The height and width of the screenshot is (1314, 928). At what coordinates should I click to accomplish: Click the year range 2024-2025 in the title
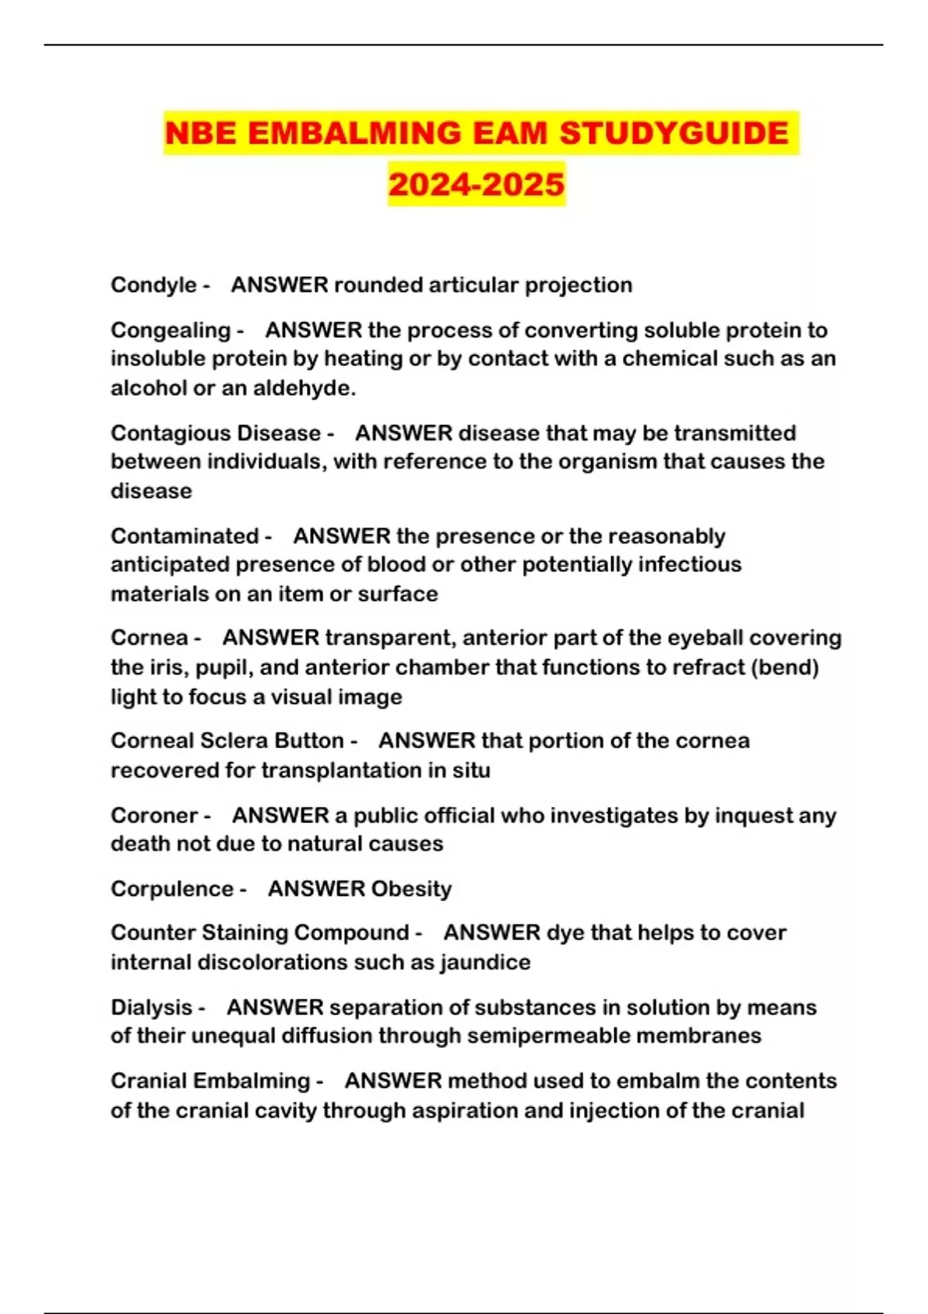tap(476, 185)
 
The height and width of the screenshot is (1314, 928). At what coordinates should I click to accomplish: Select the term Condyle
tap(153, 285)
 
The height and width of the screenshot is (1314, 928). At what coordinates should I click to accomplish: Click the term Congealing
tap(170, 331)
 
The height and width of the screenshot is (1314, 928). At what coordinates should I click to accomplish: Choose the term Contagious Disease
tap(215, 433)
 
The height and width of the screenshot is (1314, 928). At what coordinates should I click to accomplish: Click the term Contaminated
tap(184, 536)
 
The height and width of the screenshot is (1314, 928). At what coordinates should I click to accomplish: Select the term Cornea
tap(149, 638)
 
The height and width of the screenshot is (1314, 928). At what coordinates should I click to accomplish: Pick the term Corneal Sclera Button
tap(227, 740)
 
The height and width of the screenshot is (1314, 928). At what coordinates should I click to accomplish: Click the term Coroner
tap(154, 815)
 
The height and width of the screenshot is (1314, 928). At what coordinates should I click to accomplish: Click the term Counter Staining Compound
tap(259, 933)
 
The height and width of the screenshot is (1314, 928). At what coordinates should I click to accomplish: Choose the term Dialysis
tap(151, 1008)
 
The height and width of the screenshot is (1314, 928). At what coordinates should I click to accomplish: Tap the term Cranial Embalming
tap(210, 1081)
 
